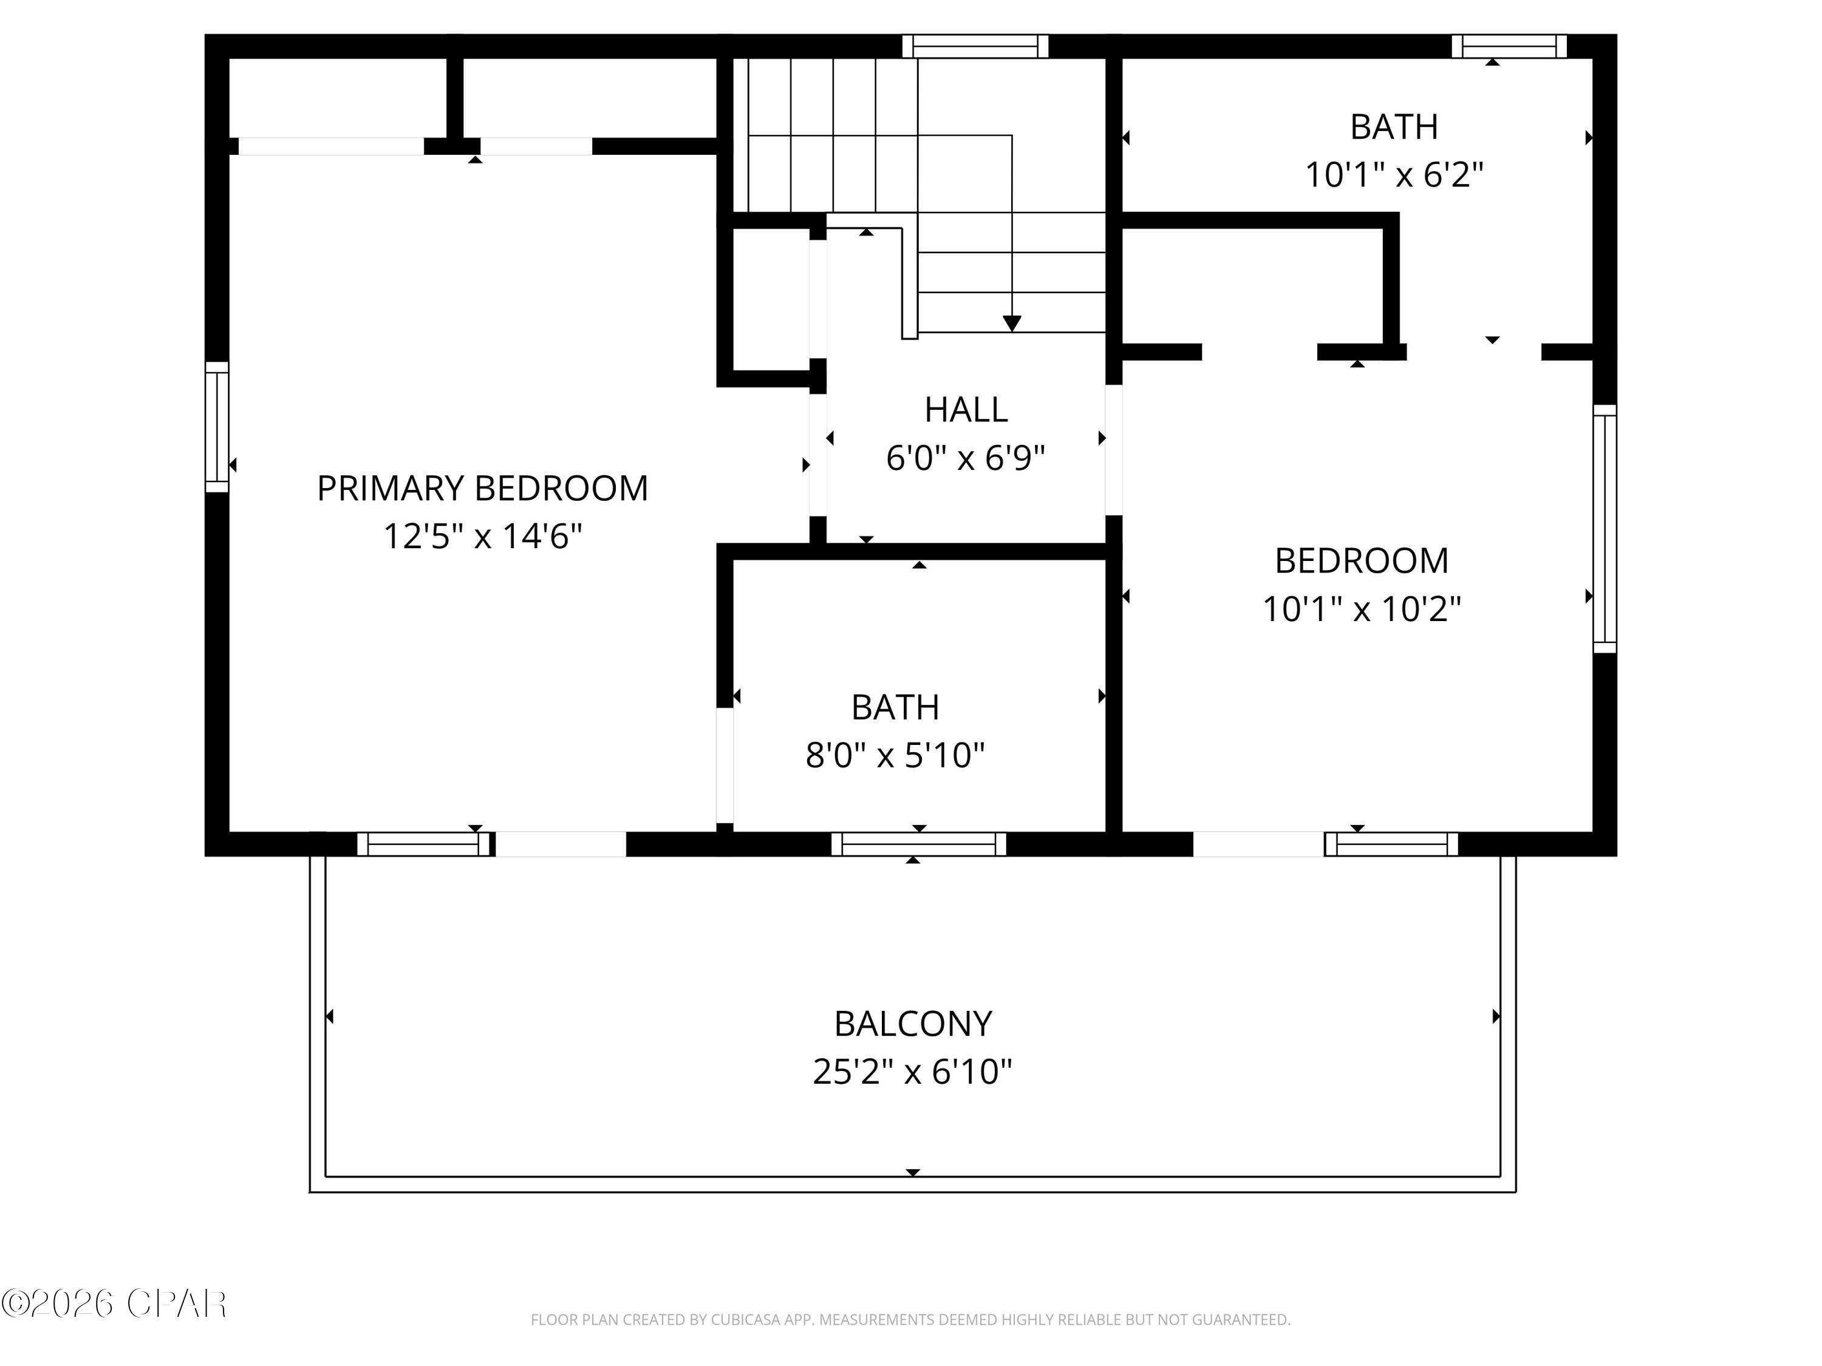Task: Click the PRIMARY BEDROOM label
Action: [x=483, y=488]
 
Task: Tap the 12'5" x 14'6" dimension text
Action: [x=483, y=536]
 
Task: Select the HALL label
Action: [x=966, y=409]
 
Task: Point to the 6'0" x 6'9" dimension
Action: [x=966, y=457]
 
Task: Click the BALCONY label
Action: [x=913, y=1024]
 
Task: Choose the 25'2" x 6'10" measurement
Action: [x=913, y=1071]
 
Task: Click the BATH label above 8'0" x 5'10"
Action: [x=895, y=707]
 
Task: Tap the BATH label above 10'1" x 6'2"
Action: [x=1394, y=127]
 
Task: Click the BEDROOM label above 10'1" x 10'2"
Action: [x=1362, y=561]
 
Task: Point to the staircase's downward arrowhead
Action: [x=1011, y=323]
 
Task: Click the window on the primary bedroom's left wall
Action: [x=217, y=427]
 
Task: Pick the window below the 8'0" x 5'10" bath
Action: [x=918, y=844]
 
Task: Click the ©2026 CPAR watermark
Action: [x=114, y=1303]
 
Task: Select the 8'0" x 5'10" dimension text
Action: [x=895, y=754]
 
